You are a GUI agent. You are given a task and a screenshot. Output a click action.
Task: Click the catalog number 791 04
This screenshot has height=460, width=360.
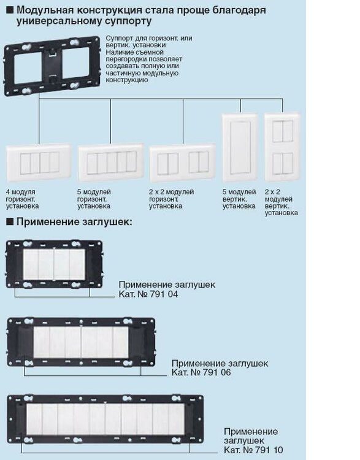(164, 294)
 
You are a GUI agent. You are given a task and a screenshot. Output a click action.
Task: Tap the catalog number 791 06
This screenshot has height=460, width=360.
(216, 372)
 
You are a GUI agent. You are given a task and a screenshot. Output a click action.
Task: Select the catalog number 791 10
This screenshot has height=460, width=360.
(269, 450)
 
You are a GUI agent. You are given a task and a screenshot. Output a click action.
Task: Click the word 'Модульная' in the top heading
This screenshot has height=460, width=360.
(44, 10)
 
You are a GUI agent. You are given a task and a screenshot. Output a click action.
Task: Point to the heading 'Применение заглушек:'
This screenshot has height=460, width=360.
(74, 222)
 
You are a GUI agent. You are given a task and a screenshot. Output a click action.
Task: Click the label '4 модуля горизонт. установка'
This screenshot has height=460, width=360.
(22, 199)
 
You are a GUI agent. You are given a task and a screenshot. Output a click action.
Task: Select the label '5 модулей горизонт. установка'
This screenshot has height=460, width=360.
(94, 199)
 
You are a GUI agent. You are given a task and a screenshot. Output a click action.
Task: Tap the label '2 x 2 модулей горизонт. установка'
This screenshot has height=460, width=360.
(171, 199)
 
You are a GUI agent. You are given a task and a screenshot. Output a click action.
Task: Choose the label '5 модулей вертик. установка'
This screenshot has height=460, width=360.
(239, 199)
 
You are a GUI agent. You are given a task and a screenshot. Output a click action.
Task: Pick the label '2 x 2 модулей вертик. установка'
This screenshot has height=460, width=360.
(281, 202)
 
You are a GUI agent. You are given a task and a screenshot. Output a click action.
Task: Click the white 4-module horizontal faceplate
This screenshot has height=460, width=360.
(39, 163)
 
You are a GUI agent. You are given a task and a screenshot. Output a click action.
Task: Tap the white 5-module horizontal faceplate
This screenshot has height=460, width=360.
(111, 163)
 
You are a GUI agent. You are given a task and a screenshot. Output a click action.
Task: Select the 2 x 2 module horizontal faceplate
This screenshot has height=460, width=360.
(183, 163)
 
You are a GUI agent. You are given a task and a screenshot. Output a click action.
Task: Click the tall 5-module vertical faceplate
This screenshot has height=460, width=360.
(240, 148)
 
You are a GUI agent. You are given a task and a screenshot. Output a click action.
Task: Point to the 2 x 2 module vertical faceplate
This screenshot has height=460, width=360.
(282, 147)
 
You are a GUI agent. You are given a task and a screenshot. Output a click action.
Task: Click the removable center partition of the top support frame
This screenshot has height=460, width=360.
(52, 66)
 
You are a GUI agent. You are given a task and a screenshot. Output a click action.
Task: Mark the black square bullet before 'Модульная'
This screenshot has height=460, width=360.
(10, 10)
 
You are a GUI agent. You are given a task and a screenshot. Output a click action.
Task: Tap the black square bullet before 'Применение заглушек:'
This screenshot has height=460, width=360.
(10, 221)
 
